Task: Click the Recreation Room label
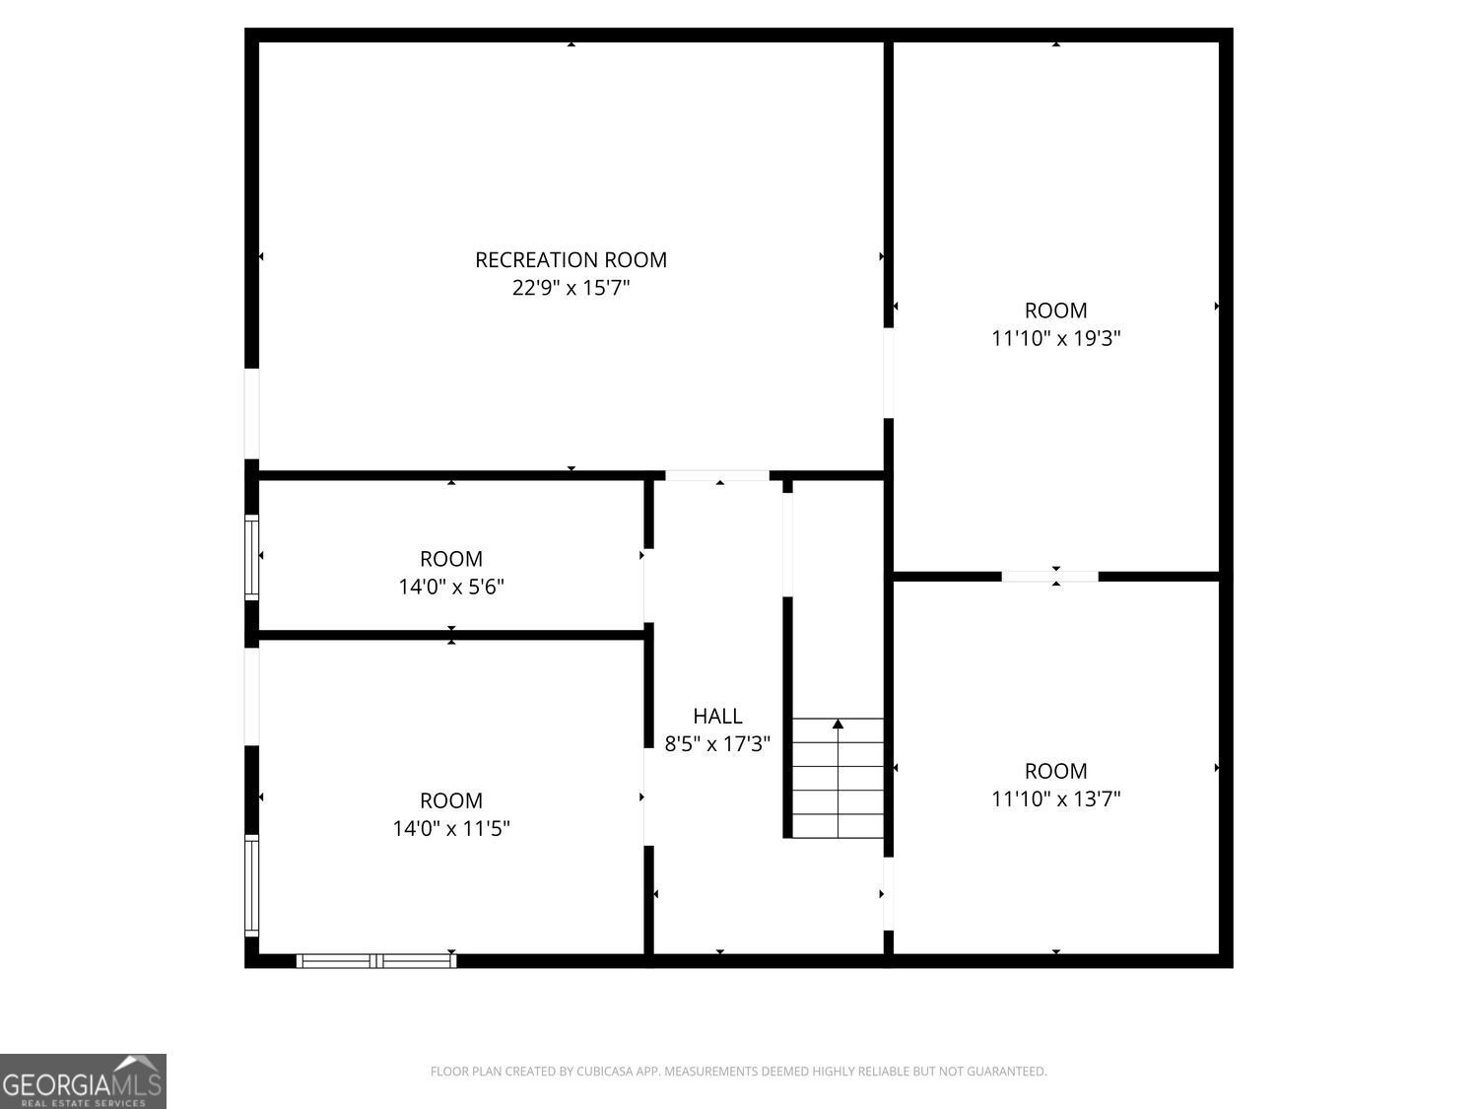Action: [571, 260]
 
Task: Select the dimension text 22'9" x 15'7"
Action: [571, 288]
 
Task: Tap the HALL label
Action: [717, 716]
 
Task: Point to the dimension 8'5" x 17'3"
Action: [717, 744]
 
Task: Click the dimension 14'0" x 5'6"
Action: [451, 588]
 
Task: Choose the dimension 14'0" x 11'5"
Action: [451, 828]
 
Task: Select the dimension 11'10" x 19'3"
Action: [1056, 338]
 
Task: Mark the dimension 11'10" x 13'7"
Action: [1056, 798]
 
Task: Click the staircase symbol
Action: [838, 779]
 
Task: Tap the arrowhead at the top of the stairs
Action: [838, 724]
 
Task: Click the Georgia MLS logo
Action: [83, 1081]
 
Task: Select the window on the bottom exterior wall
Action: [376, 961]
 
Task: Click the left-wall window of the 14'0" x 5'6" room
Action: [251, 557]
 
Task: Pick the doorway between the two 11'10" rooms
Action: [1049, 577]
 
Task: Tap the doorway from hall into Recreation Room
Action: [717, 475]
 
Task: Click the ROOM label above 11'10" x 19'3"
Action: [1056, 311]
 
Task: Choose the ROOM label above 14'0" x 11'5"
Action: [451, 800]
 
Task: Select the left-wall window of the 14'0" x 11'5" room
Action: [251, 885]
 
